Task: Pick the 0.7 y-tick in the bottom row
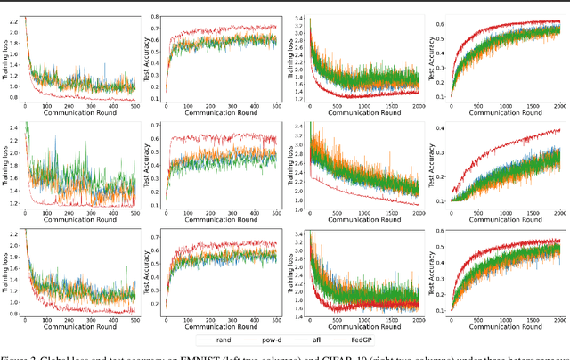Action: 158,235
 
